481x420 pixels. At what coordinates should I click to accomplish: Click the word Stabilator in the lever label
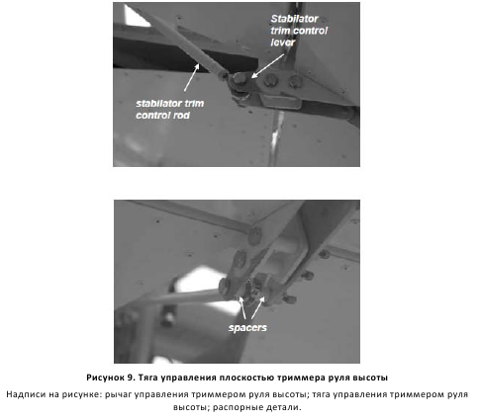294,19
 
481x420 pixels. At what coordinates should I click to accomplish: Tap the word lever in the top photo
283,42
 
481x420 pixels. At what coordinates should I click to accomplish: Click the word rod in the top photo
181,116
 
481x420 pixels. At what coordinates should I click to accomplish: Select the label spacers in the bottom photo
247,328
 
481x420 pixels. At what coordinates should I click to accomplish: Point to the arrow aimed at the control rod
192,77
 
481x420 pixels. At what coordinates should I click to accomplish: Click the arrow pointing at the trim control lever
267,66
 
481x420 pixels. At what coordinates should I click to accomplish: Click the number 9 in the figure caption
130,378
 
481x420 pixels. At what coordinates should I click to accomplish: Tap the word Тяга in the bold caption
147,378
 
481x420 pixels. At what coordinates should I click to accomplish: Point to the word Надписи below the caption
26,394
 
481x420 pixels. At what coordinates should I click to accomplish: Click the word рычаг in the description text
117,394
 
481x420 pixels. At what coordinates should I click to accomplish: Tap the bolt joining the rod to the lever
240,79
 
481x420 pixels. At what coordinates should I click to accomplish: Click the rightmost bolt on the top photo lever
295,81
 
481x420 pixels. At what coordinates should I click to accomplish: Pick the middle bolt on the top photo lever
271,80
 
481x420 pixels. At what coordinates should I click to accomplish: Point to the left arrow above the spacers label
242,307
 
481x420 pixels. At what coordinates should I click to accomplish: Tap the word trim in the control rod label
194,104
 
